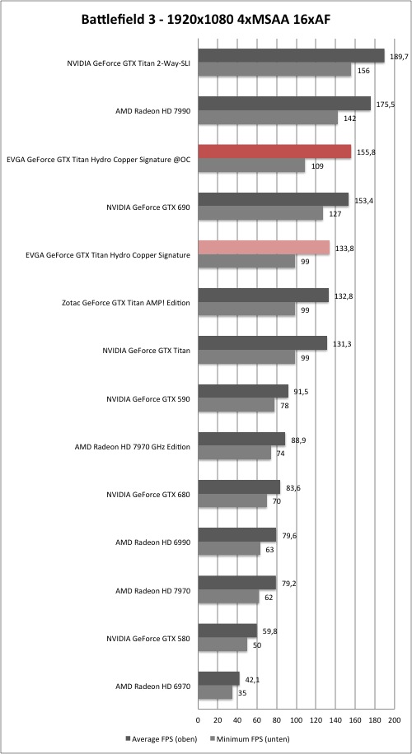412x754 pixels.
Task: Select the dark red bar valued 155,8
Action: click(274, 151)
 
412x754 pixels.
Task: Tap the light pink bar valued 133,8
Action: click(264, 248)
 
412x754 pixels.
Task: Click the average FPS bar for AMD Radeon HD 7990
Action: click(284, 104)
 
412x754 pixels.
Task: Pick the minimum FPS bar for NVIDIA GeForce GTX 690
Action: click(260, 213)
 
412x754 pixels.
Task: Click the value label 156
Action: click(363, 70)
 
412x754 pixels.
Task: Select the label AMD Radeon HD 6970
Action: click(152, 687)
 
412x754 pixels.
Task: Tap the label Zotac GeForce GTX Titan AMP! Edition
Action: click(126, 303)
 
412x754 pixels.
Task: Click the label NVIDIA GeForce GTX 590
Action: click(148, 398)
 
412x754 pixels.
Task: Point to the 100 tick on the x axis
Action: click(296, 719)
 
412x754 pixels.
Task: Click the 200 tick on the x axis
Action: click(394, 719)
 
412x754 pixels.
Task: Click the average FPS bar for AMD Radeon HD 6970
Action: click(218, 678)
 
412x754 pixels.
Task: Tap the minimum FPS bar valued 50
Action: click(222, 645)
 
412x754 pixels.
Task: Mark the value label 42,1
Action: click(250, 680)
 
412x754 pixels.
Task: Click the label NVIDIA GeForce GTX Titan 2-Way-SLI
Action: click(129, 63)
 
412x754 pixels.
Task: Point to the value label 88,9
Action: click(296, 440)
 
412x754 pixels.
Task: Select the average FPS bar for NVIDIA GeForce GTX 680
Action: click(239, 487)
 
